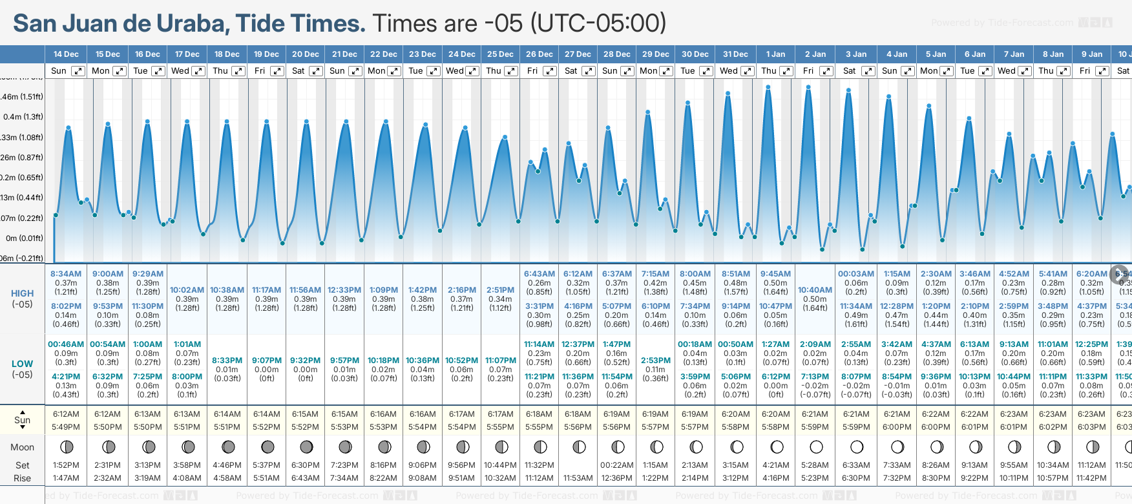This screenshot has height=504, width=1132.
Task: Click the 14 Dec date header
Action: [x=66, y=54]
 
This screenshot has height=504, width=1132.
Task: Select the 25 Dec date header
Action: [x=501, y=54]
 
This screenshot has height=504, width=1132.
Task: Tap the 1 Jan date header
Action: [x=775, y=54]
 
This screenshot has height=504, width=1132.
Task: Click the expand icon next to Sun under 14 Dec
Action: [x=78, y=71]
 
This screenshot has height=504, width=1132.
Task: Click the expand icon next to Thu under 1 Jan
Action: [x=785, y=71]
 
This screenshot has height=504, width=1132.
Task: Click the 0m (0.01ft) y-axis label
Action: [x=25, y=238]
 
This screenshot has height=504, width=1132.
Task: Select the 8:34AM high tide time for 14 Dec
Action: [x=66, y=274]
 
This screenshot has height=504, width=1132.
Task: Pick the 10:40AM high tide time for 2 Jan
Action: [x=815, y=290]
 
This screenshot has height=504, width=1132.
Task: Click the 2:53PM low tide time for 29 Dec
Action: [x=656, y=361]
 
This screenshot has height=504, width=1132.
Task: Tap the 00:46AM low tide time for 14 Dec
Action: [x=66, y=344]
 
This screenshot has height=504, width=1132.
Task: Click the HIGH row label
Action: [x=22, y=293]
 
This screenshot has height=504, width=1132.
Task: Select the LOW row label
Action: [x=22, y=364]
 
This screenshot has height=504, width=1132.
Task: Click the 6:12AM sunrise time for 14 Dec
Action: [x=66, y=414]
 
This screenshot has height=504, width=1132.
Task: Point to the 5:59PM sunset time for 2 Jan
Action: [x=815, y=427]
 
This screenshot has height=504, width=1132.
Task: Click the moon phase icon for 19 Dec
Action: [x=267, y=446]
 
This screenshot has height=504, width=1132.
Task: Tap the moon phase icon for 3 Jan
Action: [x=857, y=446]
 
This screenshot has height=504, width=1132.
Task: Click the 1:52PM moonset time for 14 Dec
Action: [x=66, y=465]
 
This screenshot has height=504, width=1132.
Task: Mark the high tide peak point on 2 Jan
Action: [x=808, y=87]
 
